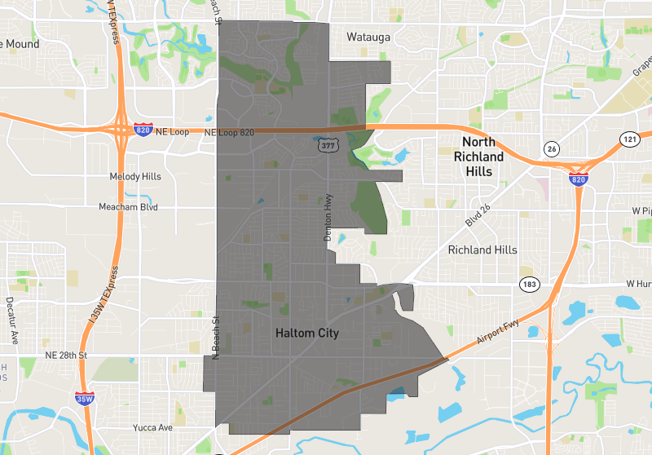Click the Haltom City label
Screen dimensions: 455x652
pos(306,334)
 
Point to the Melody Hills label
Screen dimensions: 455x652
pos(135,177)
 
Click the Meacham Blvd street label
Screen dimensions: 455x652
pos(129,207)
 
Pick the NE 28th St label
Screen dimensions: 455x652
pos(66,356)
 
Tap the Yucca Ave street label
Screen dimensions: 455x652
pos(153,427)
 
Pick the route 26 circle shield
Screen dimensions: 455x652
pos(552,148)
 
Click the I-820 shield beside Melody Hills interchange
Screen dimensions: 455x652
pos(143,130)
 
